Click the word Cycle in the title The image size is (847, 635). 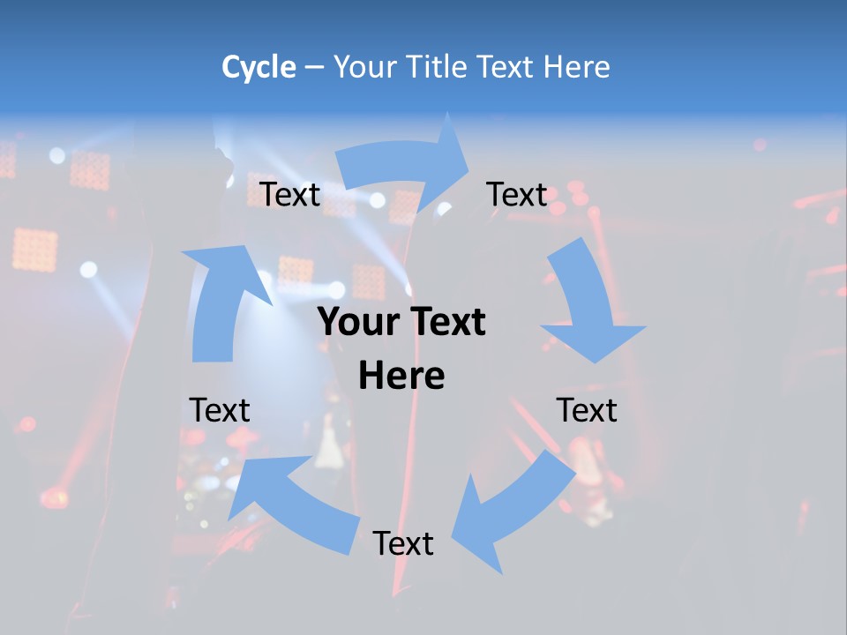pyautogui.click(x=259, y=67)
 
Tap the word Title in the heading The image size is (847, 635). pyautogui.click(x=436, y=67)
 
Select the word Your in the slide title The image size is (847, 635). pyautogui.click(x=365, y=67)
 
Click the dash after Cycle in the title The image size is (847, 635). pyautogui.click(x=315, y=68)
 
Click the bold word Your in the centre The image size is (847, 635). pyautogui.click(x=354, y=322)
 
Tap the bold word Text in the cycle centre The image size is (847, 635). pyautogui.click(x=445, y=322)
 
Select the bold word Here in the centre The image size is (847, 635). pyautogui.click(x=401, y=376)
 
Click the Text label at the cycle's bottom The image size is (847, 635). pyautogui.click(x=403, y=544)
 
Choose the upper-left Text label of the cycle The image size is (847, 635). pyautogui.click(x=290, y=194)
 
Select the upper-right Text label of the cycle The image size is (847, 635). pyautogui.click(x=517, y=194)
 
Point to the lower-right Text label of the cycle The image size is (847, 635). pyautogui.click(x=587, y=410)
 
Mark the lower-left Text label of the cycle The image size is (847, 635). pyautogui.click(x=221, y=410)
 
